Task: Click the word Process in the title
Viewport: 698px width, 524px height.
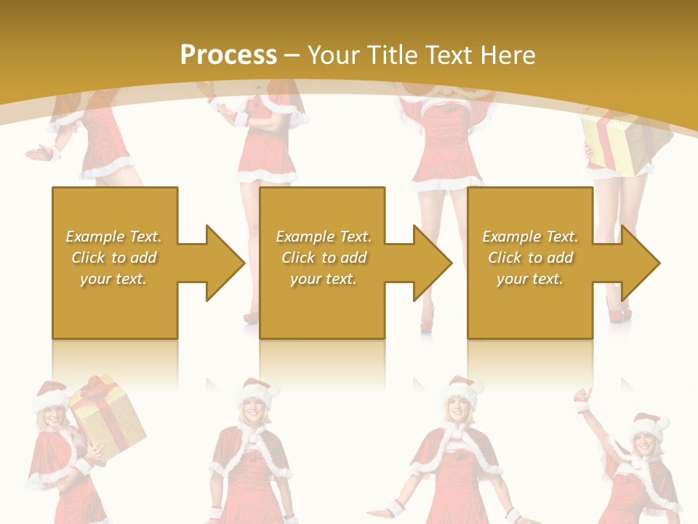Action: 228,55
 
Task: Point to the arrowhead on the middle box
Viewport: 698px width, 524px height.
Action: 432,263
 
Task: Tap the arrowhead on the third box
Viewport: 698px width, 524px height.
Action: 640,263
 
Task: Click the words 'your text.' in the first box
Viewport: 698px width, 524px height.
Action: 113,279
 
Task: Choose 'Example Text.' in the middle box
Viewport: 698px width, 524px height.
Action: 324,237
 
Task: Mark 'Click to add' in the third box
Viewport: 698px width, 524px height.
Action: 531,258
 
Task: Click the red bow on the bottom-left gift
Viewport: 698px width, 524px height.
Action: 95,389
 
